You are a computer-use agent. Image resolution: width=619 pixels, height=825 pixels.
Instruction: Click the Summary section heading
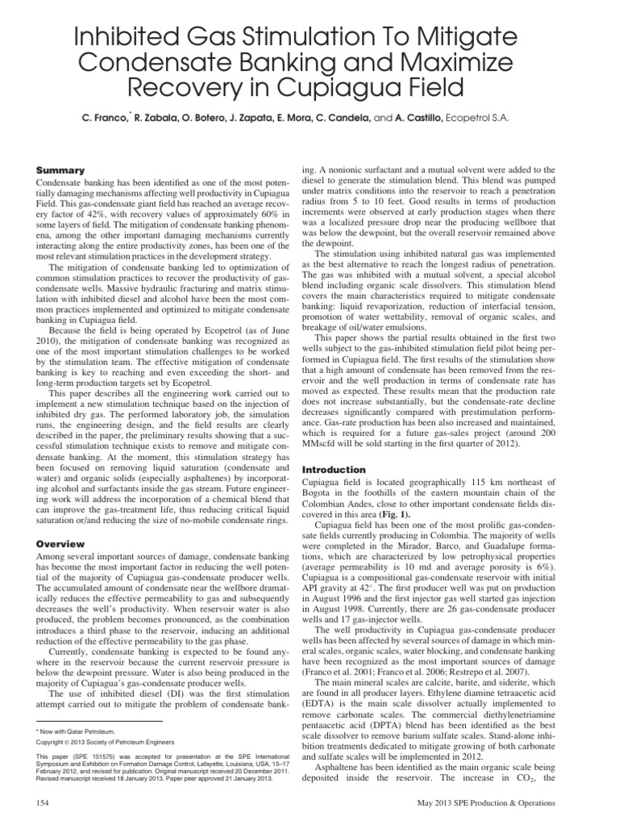click(62, 170)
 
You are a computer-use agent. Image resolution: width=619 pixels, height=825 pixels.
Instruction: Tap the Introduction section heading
click(334, 469)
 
